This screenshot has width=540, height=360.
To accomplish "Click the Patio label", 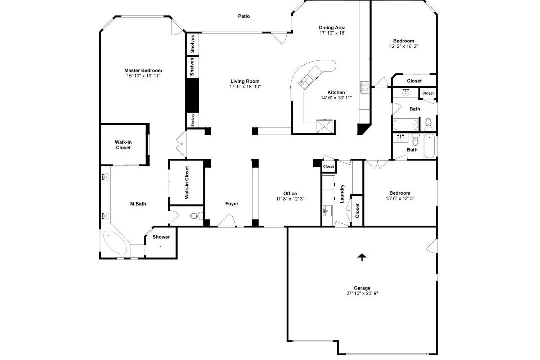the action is [244, 16].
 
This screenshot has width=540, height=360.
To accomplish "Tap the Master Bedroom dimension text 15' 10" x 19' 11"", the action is [143, 76].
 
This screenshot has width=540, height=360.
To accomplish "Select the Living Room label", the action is [245, 81].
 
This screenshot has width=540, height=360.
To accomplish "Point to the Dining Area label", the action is [332, 28].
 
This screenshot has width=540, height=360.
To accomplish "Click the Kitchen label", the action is [336, 92].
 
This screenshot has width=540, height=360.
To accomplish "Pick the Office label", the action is [290, 193].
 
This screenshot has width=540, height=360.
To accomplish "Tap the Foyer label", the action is [232, 204].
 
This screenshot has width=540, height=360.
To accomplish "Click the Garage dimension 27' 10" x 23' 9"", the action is [362, 294].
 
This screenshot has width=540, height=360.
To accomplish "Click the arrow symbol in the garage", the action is [362, 257].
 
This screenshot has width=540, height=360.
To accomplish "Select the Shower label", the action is [161, 237].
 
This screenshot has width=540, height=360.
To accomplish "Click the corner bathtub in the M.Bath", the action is [114, 242].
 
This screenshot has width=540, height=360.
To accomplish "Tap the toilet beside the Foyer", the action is [196, 216].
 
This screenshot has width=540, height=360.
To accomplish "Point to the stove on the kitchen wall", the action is [365, 87].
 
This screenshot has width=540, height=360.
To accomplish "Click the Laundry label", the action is [342, 194].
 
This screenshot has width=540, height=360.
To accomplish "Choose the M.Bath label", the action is [138, 204].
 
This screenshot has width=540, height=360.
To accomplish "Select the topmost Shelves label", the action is [192, 44].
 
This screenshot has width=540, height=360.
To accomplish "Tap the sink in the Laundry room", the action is [326, 210].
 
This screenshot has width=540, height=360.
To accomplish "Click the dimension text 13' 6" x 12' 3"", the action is [400, 198].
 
